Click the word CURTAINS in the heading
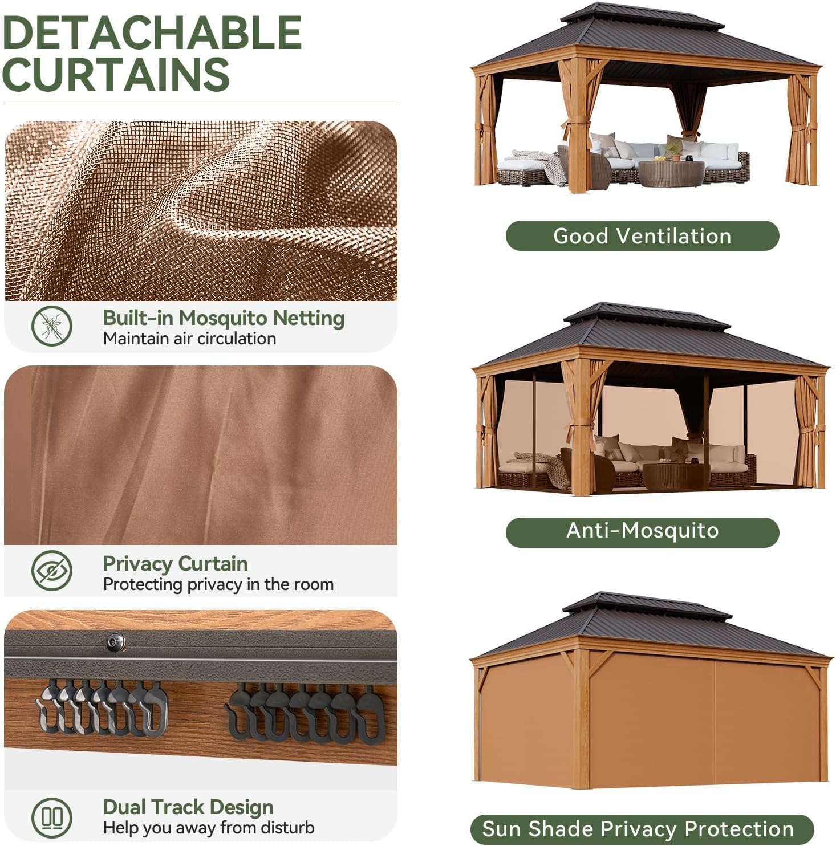[116, 74]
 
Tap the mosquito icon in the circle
[52, 326]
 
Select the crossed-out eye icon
[52, 571]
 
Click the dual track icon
[52, 816]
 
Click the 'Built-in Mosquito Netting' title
[224, 318]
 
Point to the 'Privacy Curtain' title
[176, 563]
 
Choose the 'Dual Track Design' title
[188, 807]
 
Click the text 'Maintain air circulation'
[189, 339]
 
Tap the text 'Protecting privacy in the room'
[218, 584]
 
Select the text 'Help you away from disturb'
[209, 827]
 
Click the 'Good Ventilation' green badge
[642, 235]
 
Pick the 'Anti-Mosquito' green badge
[642, 531]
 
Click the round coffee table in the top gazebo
[671, 173]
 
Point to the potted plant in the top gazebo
[674, 150]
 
